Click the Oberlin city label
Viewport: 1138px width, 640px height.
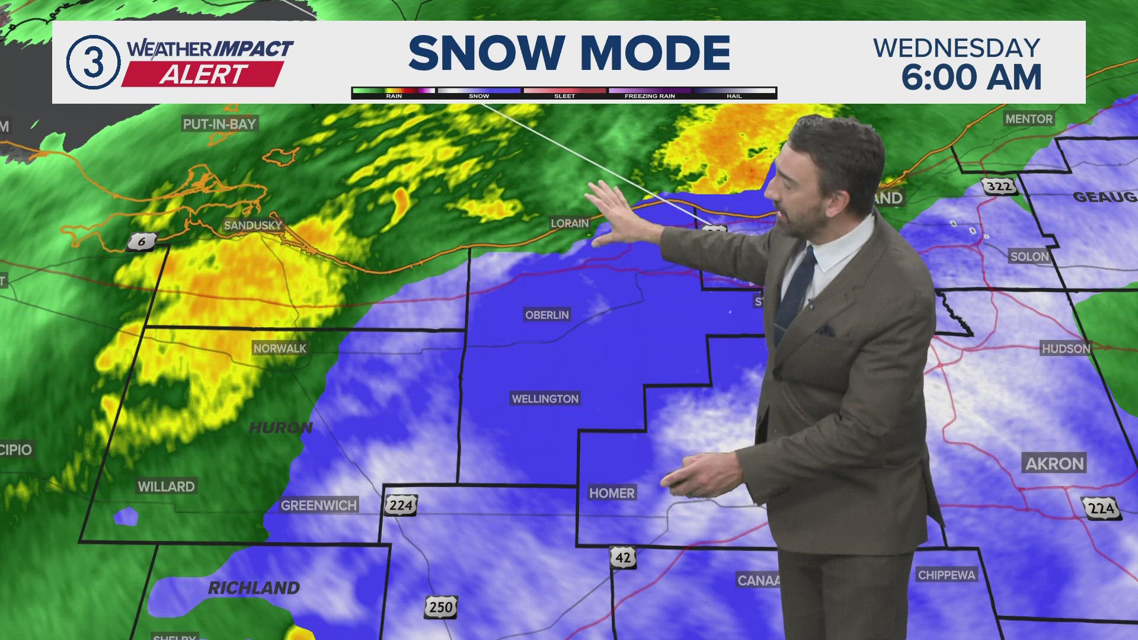click(546, 315)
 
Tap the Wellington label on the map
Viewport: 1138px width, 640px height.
click(545, 399)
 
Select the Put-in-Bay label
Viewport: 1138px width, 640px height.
click(219, 124)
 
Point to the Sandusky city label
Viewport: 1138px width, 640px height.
click(253, 225)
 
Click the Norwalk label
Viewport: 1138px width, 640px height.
click(280, 348)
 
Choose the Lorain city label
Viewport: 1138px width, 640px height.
click(570, 223)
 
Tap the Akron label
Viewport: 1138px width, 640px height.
click(1054, 463)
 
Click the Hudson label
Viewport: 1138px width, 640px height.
click(1066, 348)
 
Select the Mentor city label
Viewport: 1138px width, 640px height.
click(1029, 119)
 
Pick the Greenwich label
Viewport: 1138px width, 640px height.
click(319, 505)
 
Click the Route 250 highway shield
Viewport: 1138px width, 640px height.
click(440, 607)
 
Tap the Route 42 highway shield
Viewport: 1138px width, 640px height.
click(623, 558)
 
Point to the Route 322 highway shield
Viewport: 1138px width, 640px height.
click(999, 187)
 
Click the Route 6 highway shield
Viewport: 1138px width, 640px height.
click(142, 241)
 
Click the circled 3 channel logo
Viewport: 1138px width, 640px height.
click(93, 62)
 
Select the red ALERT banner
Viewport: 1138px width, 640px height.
click(203, 75)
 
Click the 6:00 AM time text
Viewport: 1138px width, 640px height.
click(971, 78)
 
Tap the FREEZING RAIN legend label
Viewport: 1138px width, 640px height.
click(650, 96)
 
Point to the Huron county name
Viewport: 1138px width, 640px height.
click(280, 428)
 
